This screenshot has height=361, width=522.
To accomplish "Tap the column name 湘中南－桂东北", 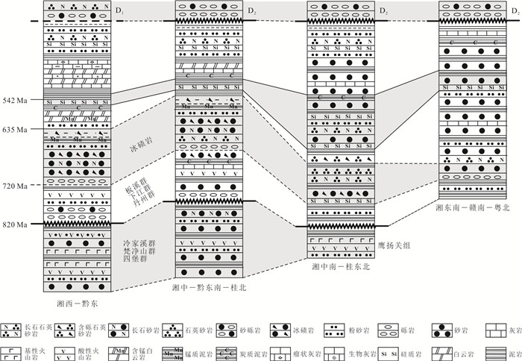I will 340,277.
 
